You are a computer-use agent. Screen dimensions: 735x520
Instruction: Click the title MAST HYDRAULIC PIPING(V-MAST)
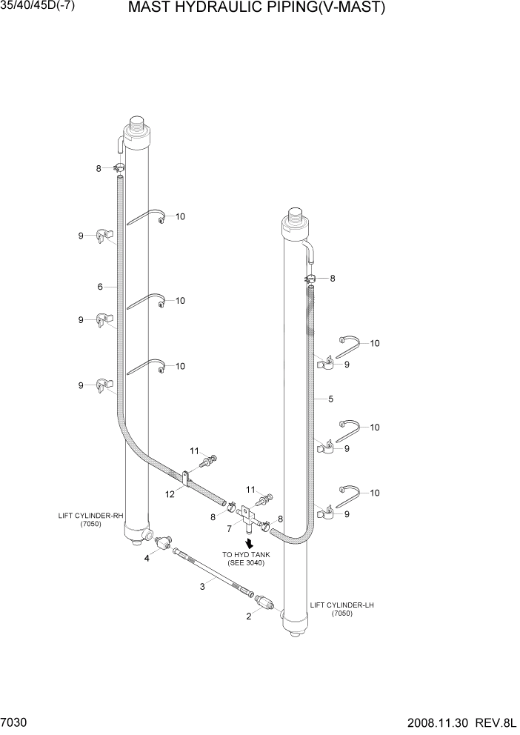[x=257, y=9]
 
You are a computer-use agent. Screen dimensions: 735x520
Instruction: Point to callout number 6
[x=99, y=286]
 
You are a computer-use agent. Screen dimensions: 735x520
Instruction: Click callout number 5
[x=330, y=399]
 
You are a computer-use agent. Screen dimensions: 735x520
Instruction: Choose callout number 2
[x=249, y=615]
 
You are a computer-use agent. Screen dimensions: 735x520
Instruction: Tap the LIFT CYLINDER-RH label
[x=86, y=519]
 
